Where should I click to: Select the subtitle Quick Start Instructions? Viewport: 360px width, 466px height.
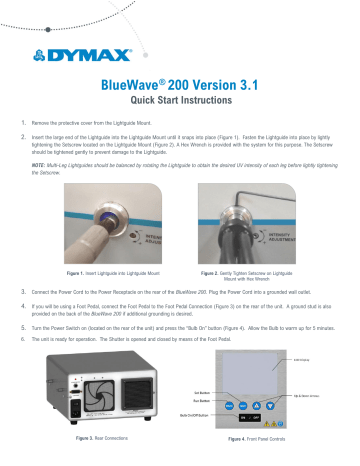(179, 104)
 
